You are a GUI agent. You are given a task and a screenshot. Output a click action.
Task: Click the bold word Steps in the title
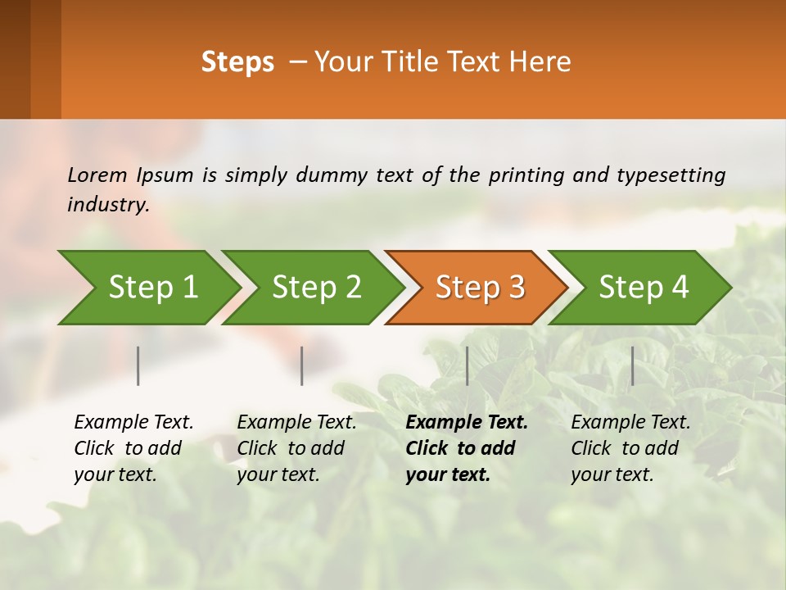(237, 62)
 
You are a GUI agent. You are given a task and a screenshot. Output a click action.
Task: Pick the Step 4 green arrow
(642, 288)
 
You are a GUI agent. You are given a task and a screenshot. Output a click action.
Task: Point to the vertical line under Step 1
(138, 365)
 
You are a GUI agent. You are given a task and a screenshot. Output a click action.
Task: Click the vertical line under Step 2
(302, 365)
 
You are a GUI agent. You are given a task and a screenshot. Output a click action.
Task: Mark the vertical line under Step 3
(467, 365)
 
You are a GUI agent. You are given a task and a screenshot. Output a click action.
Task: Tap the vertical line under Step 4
(632, 365)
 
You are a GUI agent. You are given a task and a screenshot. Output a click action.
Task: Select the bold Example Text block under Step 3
(467, 448)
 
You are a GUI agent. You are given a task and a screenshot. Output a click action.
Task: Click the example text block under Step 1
(133, 448)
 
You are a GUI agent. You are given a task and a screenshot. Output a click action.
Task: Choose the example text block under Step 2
(296, 448)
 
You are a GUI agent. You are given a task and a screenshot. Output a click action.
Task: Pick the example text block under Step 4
(630, 448)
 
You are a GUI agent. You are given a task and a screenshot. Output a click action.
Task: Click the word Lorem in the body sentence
(97, 175)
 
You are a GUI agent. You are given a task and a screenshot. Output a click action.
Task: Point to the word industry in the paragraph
(108, 205)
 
